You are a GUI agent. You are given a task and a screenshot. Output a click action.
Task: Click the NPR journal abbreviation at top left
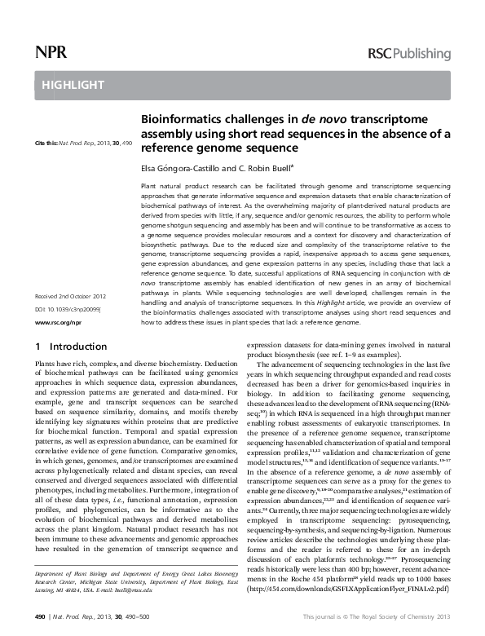tap(50, 54)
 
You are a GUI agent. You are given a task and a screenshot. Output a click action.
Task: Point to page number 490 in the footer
tap(40, 618)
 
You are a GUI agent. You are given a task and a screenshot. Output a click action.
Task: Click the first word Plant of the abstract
tap(149, 186)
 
